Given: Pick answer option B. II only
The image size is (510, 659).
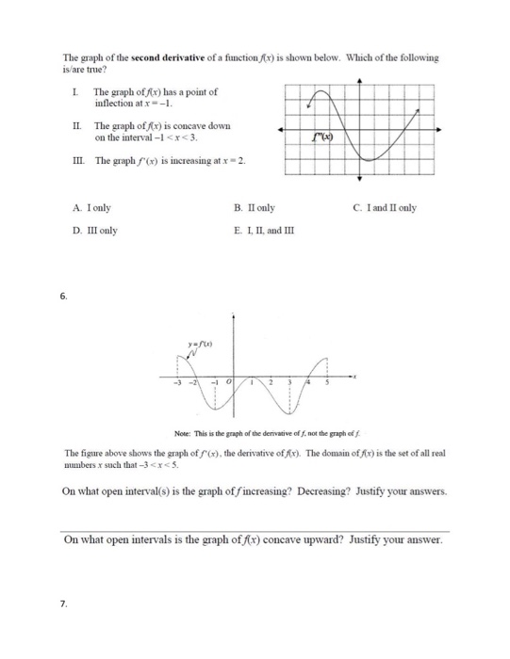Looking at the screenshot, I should [x=253, y=207].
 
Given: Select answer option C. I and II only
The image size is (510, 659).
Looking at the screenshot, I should [x=386, y=207].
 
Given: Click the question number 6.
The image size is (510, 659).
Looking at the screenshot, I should [x=63, y=296].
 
